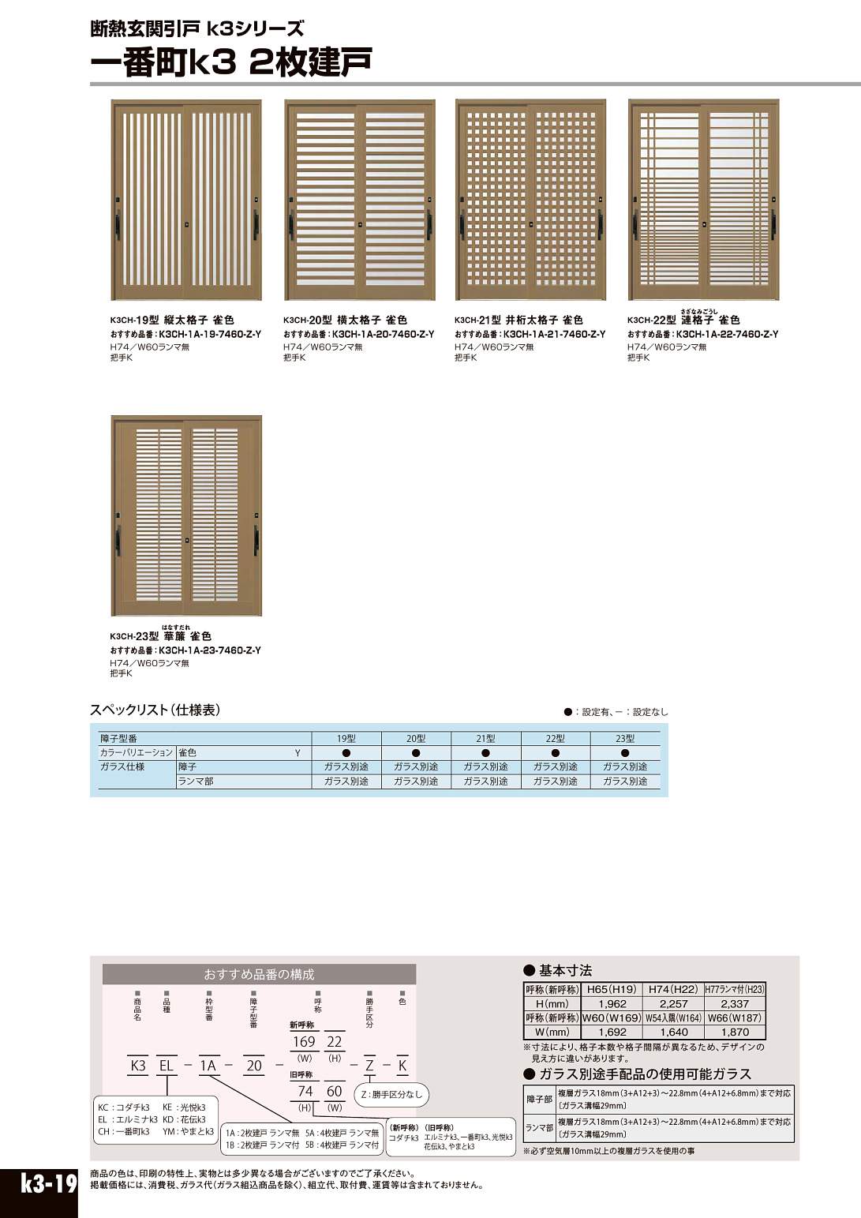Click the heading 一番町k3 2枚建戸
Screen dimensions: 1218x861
click(x=231, y=62)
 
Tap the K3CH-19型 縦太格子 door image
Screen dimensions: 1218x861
click(x=186, y=200)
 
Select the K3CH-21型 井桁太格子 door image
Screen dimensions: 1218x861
click(x=530, y=200)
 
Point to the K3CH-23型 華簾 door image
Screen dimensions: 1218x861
click(x=186, y=515)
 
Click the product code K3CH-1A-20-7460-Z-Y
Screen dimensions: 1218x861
click(x=383, y=335)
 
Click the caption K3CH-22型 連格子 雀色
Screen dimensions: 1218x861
click(x=683, y=320)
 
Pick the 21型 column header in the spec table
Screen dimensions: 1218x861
click(x=485, y=739)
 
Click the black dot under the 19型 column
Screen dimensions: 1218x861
click(x=346, y=753)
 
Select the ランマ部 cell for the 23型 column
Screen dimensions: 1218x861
click(x=625, y=781)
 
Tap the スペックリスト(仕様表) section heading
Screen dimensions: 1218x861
click(x=155, y=710)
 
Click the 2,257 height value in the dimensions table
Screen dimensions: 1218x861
click(x=673, y=1004)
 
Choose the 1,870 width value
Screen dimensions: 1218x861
click(x=735, y=1032)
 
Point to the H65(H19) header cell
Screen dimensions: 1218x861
click(x=612, y=989)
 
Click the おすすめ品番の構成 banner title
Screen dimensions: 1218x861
click(x=259, y=974)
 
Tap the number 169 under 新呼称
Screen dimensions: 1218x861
click(x=304, y=1042)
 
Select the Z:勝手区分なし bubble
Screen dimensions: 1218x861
click(x=392, y=1094)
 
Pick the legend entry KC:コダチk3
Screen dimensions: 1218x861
click(x=125, y=1107)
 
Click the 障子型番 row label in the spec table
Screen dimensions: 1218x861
click(x=118, y=739)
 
